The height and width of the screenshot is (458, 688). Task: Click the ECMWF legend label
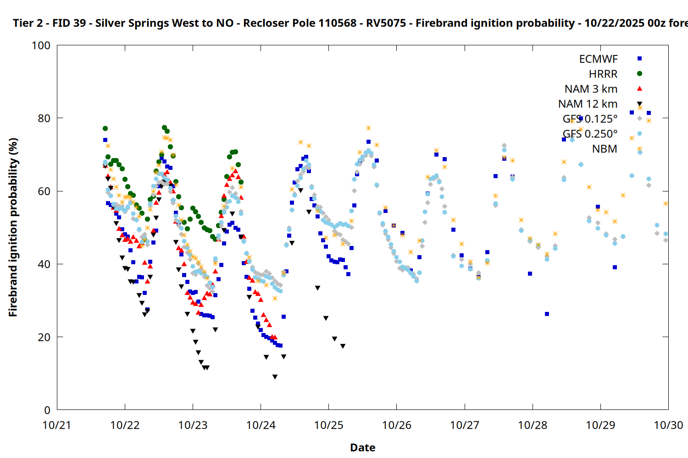pos(598,59)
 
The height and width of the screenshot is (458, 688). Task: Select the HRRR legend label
pos(603,74)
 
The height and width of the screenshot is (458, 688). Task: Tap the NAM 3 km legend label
pos(591,89)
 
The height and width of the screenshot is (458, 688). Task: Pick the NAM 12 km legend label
pos(588,104)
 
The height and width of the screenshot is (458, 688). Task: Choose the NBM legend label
pos(605,149)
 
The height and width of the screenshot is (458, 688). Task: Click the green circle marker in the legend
pos(639,74)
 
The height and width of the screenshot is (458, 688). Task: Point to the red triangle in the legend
pos(639,89)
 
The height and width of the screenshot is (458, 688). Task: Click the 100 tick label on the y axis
pos(41,46)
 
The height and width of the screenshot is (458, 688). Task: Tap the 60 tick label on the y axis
pos(44,191)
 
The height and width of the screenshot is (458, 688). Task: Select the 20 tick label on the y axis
pos(44,338)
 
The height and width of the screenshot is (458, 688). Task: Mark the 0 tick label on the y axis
pos(47,410)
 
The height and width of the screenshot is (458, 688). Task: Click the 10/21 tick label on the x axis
pos(57,425)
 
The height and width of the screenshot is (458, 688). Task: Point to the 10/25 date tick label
pos(329,425)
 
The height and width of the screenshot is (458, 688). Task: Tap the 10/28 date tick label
pos(533,425)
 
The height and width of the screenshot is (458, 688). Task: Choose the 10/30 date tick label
pos(668,425)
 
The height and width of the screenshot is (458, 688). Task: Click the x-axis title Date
pos(362,447)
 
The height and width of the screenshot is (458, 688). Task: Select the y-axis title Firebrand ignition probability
pos(13,227)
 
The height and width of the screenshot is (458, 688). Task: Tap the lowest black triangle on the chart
pos(275,377)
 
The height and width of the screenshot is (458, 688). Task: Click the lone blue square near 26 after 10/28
pos(547,314)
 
